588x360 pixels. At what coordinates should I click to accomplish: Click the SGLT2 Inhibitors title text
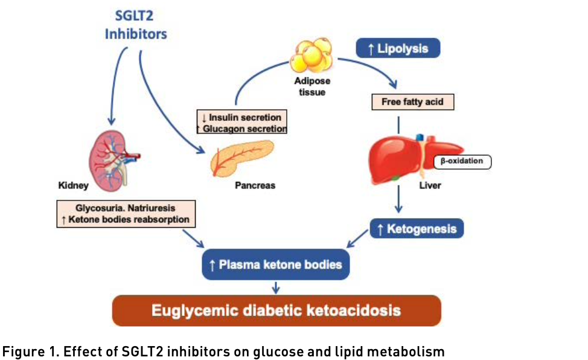click(x=136, y=25)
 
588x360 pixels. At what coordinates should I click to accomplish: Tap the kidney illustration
click(x=112, y=161)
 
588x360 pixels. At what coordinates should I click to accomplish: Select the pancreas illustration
click(x=241, y=158)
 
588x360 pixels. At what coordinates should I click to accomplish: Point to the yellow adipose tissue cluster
click(x=312, y=55)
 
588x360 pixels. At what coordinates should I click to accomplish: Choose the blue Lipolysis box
click(x=398, y=48)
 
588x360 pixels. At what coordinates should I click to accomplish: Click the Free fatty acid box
click(x=412, y=101)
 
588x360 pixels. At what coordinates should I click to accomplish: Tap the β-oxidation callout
click(x=462, y=161)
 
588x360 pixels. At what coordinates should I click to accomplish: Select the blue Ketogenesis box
click(x=417, y=228)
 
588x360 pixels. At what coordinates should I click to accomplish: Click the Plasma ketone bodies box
click(x=276, y=265)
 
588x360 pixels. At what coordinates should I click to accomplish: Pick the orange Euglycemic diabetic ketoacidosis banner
click(x=276, y=310)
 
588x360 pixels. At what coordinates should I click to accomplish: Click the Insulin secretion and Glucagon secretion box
click(x=242, y=121)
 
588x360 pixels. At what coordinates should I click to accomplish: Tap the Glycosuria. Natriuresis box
click(x=126, y=214)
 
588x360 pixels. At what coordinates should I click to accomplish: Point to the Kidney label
click(x=73, y=185)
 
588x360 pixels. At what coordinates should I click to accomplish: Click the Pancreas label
click(x=255, y=185)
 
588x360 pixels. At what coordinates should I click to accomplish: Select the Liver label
click(x=430, y=185)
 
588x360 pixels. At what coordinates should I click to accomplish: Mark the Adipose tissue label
click(x=312, y=87)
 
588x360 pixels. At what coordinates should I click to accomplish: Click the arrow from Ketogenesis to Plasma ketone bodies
click(x=357, y=239)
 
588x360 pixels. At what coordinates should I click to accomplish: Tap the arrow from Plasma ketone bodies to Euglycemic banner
click(x=276, y=288)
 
